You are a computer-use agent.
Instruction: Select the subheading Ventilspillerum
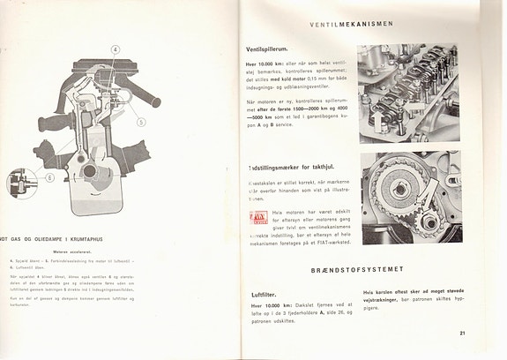tap(273, 51)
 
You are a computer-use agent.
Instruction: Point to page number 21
tap(464, 334)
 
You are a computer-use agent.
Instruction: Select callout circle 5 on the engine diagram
tap(141, 122)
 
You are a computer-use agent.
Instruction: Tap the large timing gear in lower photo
tap(397, 190)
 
